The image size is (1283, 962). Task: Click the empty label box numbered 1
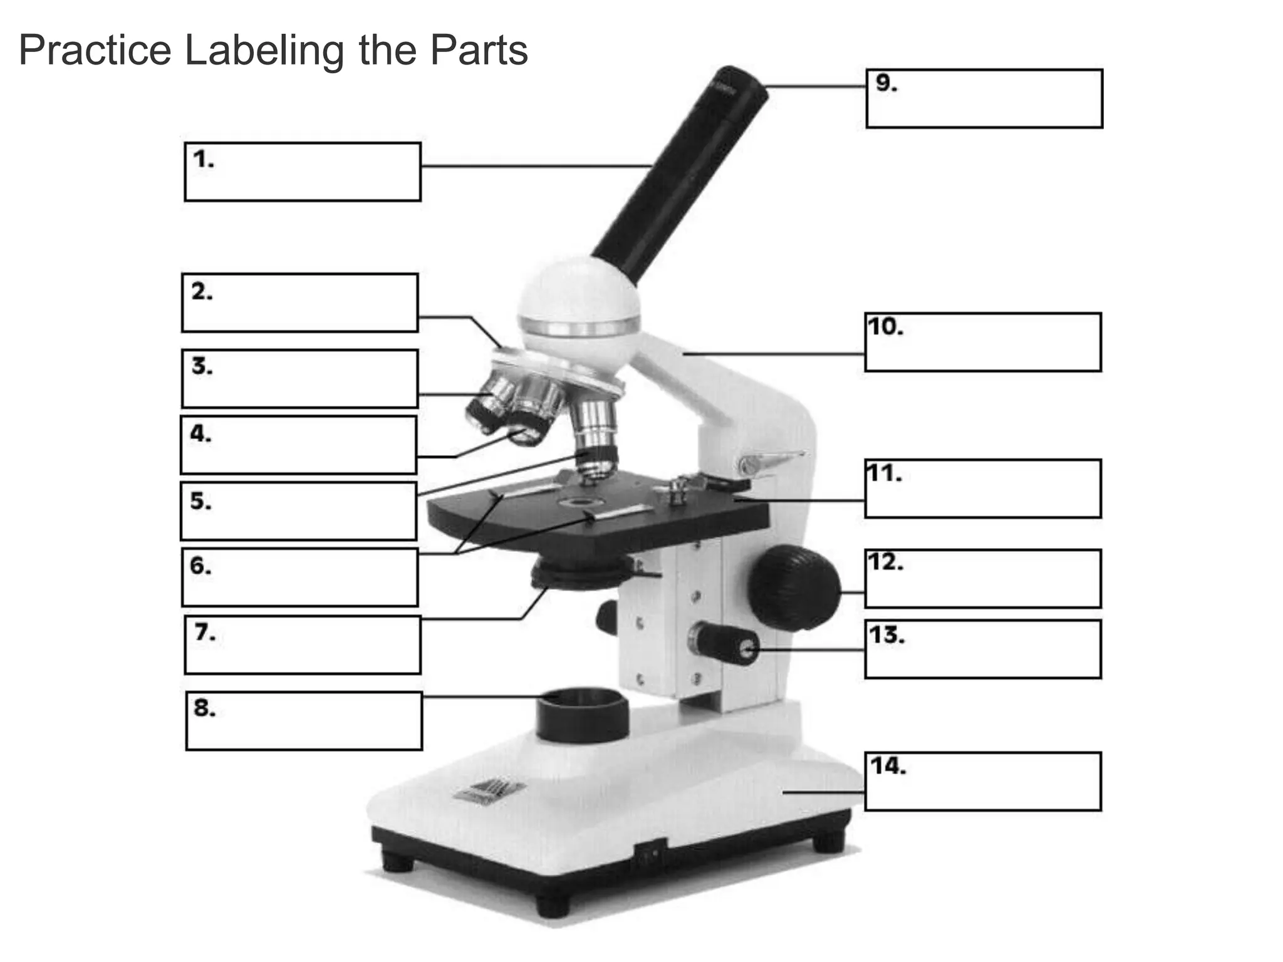click(303, 172)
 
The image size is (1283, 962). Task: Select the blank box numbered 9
click(984, 99)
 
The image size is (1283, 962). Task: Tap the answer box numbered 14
click(982, 782)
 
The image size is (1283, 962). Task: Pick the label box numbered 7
click(303, 645)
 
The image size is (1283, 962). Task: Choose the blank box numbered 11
click(982, 489)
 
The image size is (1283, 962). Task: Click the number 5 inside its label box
click(200, 502)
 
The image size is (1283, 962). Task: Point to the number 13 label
click(886, 636)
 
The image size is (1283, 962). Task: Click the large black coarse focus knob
click(794, 587)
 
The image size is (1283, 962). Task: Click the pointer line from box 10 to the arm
click(774, 354)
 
